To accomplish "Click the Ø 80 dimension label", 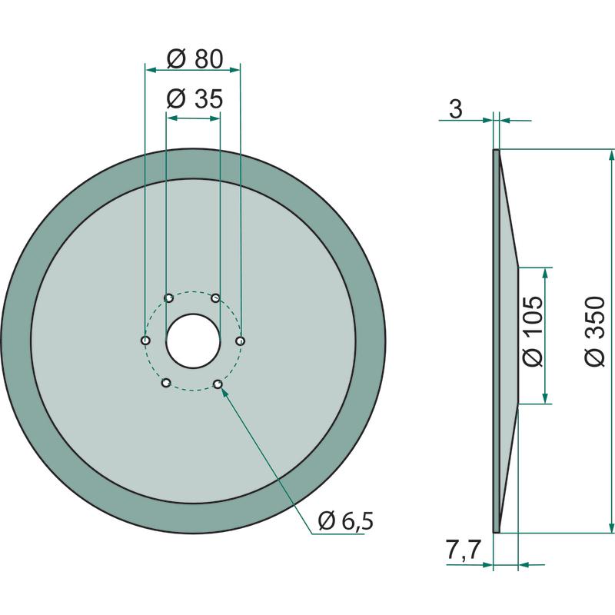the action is pyautogui.click(x=195, y=59).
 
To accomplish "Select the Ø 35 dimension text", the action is pyautogui.click(x=195, y=98).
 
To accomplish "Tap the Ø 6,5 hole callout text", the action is pyautogui.click(x=346, y=521).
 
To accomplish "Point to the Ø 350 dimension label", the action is pyautogui.click(x=594, y=332).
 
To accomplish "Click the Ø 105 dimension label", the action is pyautogui.click(x=533, y=332).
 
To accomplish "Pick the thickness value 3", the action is pyautogui.click(x=455, y=109).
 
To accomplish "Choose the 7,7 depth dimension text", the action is pyautogui.click(x=463, y=550).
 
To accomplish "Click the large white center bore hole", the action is pyautogui.click(x=193, y=341).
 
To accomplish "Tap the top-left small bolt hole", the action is pyautogui.click(x=169, y=298).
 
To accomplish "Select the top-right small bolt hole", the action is pyautogui.click(x=216, y=298).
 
